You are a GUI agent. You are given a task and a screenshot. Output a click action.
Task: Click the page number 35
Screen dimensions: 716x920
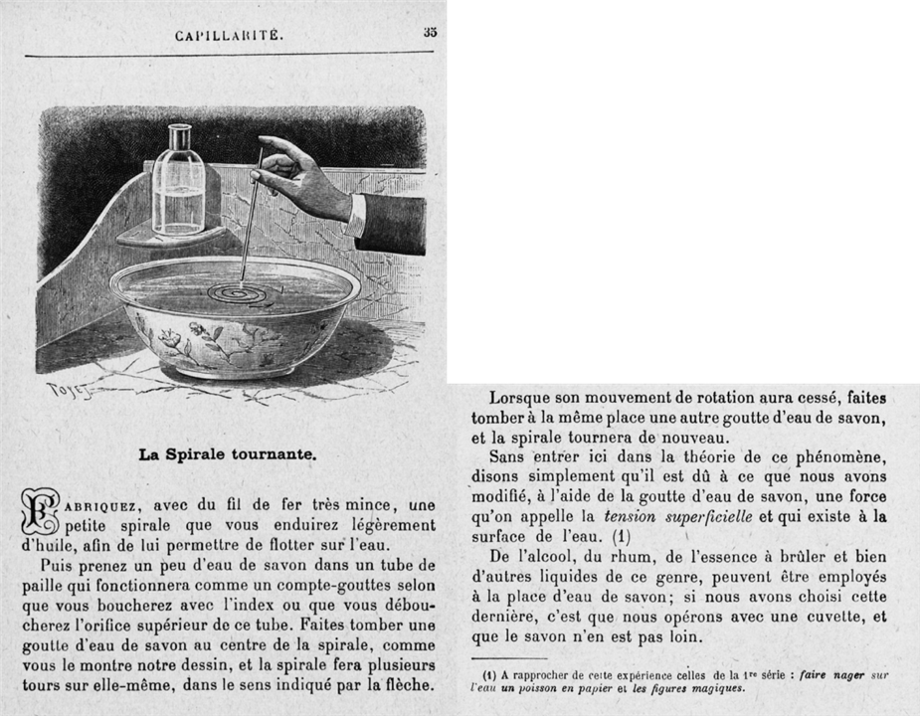coord(430,32)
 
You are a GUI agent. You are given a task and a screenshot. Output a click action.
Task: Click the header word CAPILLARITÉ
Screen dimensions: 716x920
coord(229,36)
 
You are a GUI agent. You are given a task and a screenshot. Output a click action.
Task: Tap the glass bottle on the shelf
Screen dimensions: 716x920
coord(179,181)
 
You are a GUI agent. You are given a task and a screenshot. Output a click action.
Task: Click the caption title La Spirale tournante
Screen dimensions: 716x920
coord(228,454)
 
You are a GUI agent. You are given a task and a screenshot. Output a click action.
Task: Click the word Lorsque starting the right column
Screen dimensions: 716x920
coord(522,396)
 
